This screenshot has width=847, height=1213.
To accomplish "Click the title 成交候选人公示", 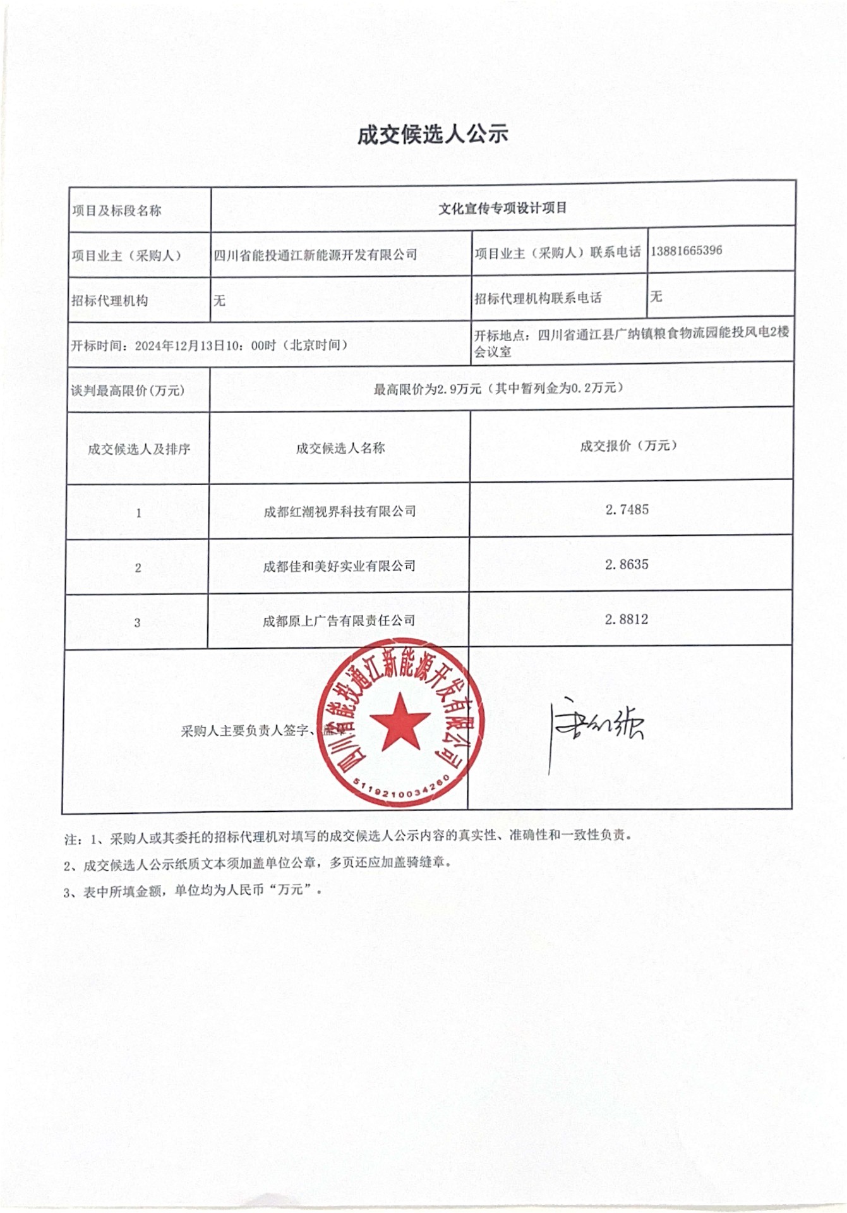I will point(433,135).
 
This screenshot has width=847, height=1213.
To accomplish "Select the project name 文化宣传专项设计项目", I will point(503,208).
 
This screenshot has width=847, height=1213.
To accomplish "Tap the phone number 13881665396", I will point(687,251).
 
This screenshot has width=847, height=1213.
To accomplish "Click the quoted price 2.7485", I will point(627,510).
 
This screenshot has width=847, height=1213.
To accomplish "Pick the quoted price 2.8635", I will point(627,565).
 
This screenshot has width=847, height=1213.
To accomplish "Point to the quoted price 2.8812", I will point(627,620).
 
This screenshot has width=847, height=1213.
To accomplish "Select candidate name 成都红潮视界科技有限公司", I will point(340,512).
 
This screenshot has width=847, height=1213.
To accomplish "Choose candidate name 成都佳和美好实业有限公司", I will point(339,567).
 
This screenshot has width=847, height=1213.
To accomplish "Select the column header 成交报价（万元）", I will point(629,446).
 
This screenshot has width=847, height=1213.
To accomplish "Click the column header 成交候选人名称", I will point(340,449).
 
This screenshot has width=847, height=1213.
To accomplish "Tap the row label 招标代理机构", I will point(110,301).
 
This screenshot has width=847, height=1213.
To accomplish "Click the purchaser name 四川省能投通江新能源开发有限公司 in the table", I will point(315,255).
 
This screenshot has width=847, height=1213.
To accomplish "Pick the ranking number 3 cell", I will point(137,623).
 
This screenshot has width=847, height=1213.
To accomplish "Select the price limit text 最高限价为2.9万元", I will point(428,389).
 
